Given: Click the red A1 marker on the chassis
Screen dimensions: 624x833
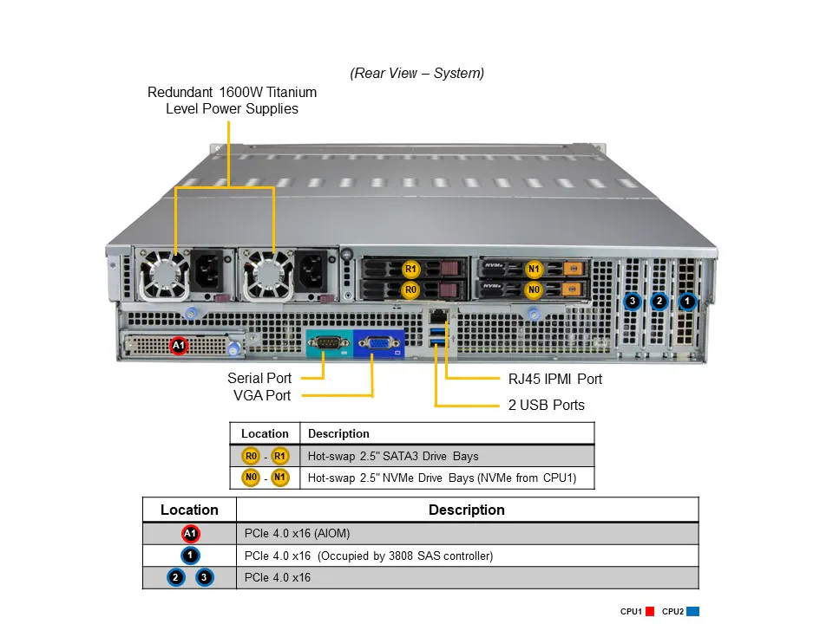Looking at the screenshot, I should pos(178,346).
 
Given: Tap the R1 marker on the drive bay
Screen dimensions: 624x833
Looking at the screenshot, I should pos(411,269).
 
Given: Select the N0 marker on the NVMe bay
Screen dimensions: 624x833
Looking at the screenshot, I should pos(534,289).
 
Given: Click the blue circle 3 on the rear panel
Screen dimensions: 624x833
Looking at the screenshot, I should pos(633,302).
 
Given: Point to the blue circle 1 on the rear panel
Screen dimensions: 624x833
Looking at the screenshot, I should pos(687,302).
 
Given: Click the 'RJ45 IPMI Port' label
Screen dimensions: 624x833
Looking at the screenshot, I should pos(554,379).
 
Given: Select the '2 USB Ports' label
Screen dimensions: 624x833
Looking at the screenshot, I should pos(546,405).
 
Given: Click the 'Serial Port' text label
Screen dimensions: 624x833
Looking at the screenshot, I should pos(259,378).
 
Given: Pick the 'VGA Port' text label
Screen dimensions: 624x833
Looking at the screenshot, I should pos(262,395).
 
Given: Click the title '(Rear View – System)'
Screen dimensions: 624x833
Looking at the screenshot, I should pos(417,74).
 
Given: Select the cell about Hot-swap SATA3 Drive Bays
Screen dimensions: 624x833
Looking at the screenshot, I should pos(392,456).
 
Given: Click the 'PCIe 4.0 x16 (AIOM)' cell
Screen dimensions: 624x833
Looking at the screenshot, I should pos(297,533).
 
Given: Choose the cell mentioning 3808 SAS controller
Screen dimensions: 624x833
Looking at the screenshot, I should pos(369,556).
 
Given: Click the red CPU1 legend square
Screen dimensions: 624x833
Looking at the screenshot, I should pos(649,612).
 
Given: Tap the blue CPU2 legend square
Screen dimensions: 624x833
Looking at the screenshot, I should pos(692,612).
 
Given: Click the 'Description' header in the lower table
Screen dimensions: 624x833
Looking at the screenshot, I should pos(466,510).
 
